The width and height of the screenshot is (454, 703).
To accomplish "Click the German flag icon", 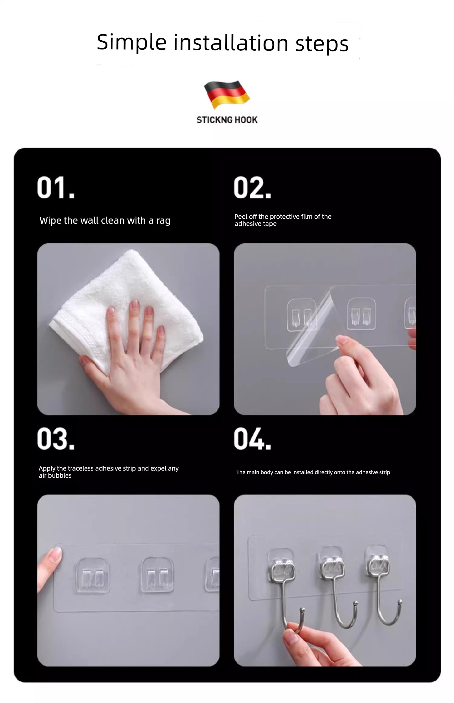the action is [227, 94].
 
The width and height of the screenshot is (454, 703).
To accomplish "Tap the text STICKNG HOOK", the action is [227, 120].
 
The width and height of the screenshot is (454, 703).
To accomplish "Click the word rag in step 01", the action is [164, 221].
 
